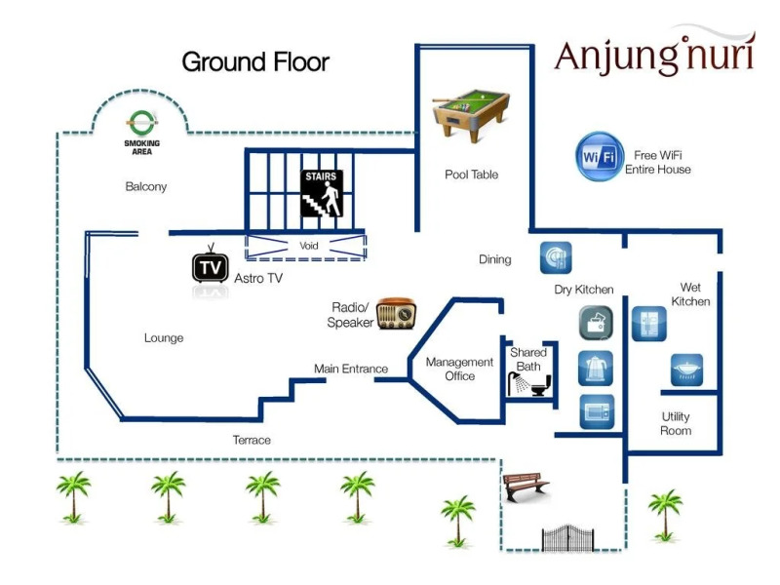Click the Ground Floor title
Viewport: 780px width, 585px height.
point(255,62)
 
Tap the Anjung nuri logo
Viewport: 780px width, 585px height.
point(654,55)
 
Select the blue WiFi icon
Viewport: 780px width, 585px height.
point(600,156)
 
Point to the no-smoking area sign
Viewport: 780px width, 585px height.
point(141,123)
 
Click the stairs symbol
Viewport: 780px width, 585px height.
point(321,194)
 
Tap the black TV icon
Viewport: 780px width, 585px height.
point(210,266)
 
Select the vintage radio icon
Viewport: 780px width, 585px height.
point(396,314)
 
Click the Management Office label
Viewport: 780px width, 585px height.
point(460,369)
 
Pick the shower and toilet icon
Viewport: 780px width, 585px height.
point(530,382)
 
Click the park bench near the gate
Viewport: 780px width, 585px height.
point(525,485)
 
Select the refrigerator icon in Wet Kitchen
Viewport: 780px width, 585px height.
point(648,323)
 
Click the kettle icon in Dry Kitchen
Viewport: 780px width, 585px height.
point(596,368)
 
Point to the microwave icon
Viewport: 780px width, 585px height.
point(596,411)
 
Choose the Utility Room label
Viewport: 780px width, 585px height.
point(676,423)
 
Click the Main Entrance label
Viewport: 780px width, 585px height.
point(351,369)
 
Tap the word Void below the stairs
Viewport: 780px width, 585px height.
point(309,247)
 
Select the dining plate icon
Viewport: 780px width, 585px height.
point(556,257)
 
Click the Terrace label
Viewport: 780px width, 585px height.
point(252,440)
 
